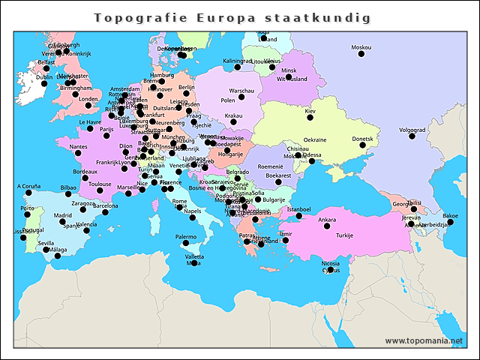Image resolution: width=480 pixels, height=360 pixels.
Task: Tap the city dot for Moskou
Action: (361, 54)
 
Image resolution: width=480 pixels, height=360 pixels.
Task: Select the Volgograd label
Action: (412, 130)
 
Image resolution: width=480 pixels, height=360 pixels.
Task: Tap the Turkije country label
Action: (344, 235)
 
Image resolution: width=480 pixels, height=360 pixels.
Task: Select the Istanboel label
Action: (298, 208)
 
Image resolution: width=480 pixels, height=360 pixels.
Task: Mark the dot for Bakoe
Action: (450, 222)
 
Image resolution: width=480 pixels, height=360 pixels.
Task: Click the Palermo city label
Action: (185, 236)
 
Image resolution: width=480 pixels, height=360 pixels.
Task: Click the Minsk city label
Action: (289, 70)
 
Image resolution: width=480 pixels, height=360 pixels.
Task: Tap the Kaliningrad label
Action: (238, 60)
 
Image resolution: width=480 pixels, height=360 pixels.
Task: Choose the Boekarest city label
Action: (278, 175)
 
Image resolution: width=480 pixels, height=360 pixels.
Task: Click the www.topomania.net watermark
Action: (424, 340)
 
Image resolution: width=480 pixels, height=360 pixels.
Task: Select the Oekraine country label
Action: (314, 139)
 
